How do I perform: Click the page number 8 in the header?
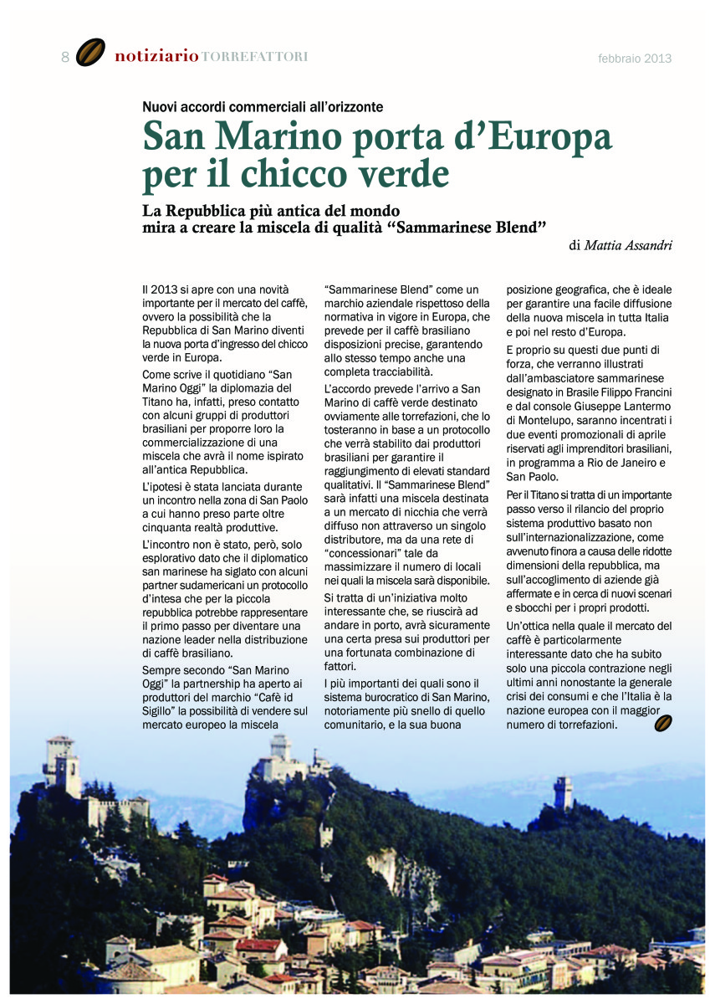click(x=65, y=57)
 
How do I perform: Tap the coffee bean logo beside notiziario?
click(x=90, y=54)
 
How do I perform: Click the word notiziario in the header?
click(x=156, y=57)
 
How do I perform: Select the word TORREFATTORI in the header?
click(x=255, y=57)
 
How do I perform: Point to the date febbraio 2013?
click(x=635, y=59)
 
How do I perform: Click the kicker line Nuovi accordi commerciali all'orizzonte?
click(x=263, y=107)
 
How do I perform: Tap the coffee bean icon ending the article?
click(x=664, y=723)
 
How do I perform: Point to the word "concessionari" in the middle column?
click(x=360, y=553)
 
